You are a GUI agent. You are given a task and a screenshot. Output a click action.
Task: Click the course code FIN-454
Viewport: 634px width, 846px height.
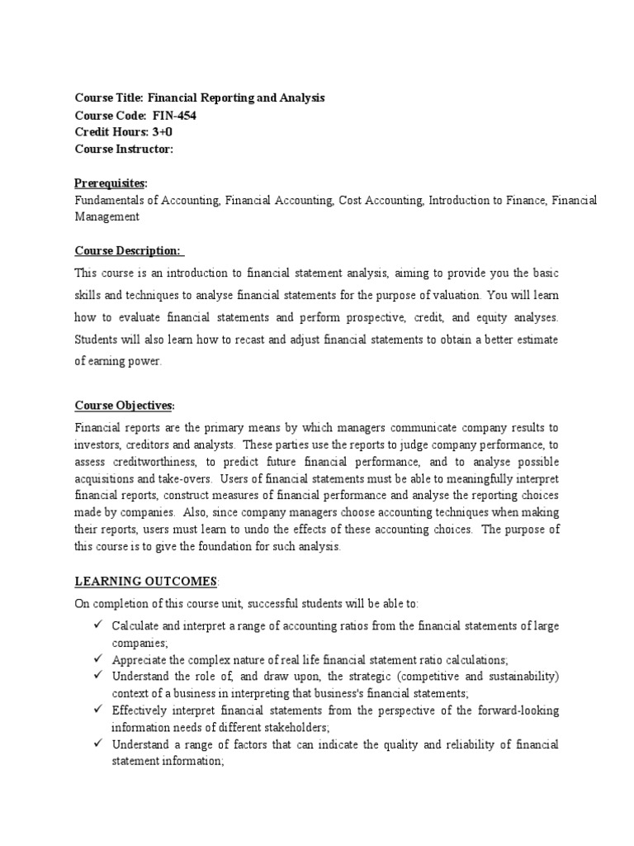(x=175, y=115)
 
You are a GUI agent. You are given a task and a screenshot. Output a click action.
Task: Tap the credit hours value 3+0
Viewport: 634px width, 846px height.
(x=162, y=132)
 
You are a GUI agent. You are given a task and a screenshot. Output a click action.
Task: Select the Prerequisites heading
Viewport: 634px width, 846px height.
(x=111, y=183)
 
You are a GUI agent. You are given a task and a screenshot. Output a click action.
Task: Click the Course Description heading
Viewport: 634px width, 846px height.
(x=130, y=250)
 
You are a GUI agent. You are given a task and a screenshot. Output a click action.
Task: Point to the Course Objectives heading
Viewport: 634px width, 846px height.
(x=125, y=405)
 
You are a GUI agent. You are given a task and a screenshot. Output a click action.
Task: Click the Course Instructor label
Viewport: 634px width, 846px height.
(x=124, y=150)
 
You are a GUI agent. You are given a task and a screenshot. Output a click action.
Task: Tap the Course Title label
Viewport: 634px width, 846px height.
(x=109, y=97)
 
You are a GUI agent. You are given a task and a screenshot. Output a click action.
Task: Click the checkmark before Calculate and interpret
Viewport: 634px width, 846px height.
(x=97, y=625)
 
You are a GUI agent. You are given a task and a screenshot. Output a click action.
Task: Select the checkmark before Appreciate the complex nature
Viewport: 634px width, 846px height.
(x=97, y=658)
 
